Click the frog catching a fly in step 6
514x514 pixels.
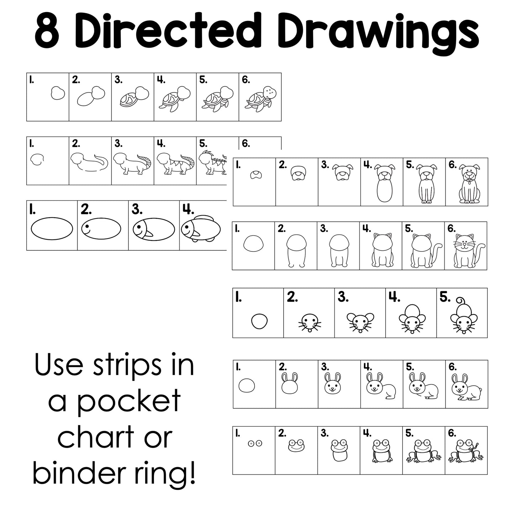click(466, 452)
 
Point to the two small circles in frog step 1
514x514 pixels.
click(255, 444)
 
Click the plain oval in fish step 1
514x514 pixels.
click(52, 229)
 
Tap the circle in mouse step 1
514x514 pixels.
click(259, 321)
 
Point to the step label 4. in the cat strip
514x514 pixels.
click(366, 228)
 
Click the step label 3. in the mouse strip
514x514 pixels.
click(343, 297)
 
